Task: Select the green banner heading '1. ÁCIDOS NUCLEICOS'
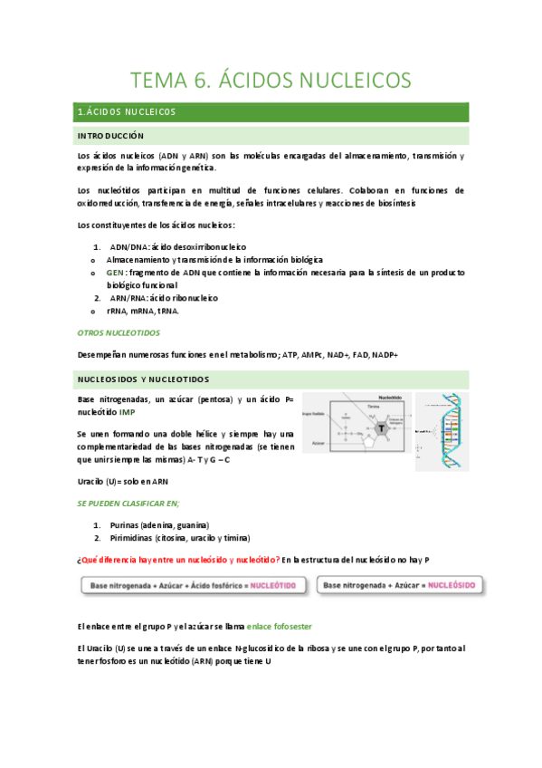pos(128,112)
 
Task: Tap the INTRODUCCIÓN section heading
pos(111,136)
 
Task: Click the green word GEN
pos(115,272)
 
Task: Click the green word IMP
pos(127,411)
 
